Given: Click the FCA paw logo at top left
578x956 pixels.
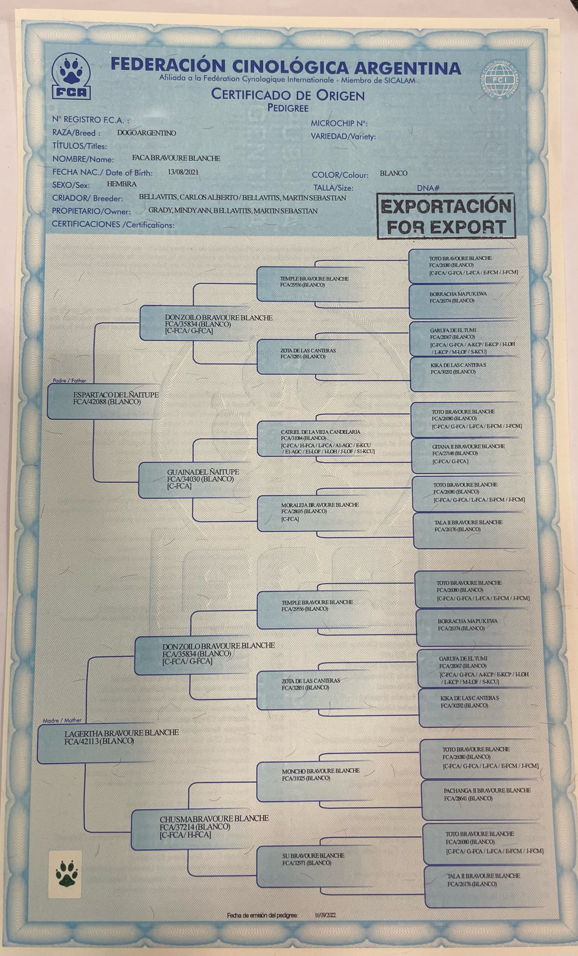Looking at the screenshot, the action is (x=71, y=76).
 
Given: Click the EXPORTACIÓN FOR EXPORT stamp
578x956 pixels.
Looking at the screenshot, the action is (x=446, y=216).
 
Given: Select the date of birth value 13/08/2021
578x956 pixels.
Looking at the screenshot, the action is (x=183, y=172).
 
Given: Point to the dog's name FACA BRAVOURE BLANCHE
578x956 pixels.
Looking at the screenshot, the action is (x=176, y=158).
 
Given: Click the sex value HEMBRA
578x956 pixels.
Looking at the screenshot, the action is (x=121, y=184).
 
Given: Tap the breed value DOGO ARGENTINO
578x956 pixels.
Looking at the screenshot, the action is (x=147, y=133).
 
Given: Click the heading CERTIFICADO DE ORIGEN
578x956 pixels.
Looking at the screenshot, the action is (x=288, y=95).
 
